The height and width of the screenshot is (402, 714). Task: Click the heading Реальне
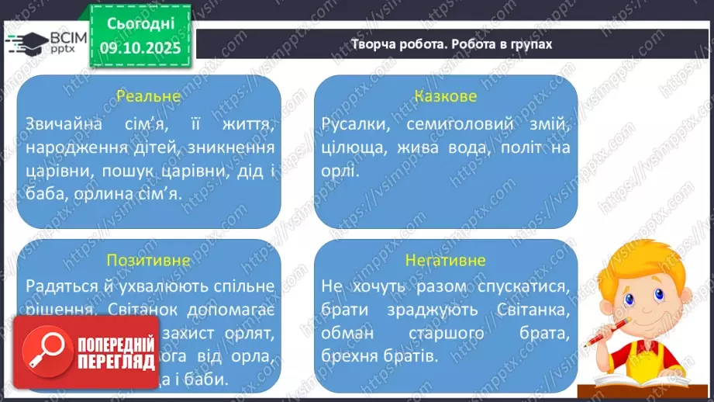[x=148, y=97]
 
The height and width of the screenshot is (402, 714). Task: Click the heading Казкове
[x=445, y=97]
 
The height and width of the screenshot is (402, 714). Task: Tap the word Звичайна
[x=60, y=123]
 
